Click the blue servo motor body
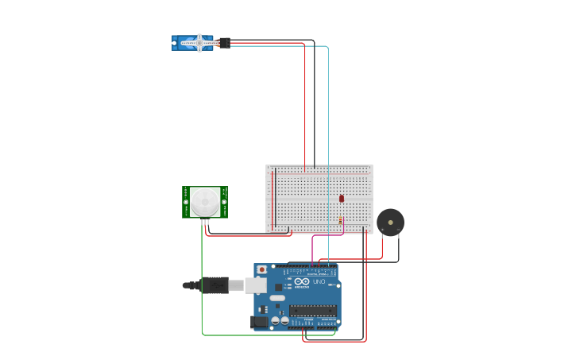point(191,43)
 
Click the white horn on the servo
point(199,43)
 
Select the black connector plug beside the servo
point(224,43)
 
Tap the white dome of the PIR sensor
point(205,202)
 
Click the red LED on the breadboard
point(342,199)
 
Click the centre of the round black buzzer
point(390,222)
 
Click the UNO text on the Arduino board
point(319,282)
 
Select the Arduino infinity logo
point(302,281)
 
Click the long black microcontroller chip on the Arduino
point(312,310)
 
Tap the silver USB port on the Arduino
point(255,285)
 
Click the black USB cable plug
point(215,285)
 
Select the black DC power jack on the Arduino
point(259,322)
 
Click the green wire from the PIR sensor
point(202,278)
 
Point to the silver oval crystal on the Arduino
point(277,299)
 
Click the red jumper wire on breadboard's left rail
point(273,199)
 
